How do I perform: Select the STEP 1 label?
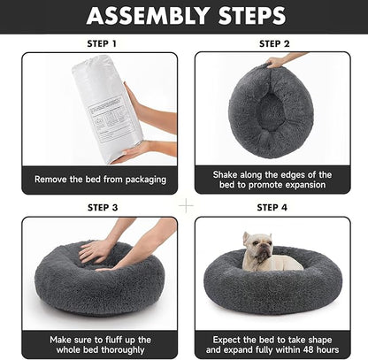(x=100, y=42)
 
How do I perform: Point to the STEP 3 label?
(x=100, y=208)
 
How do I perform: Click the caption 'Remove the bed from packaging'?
(x=100, y=180)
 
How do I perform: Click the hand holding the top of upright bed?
(x=281, y=62)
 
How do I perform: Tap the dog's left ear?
(x=246, y=237)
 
